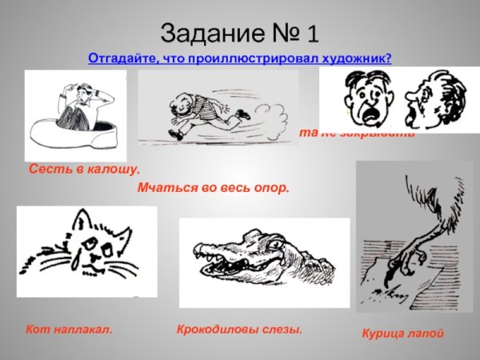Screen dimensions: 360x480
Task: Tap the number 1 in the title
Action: [311, 34]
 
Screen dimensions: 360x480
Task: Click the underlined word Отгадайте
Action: [121, 59]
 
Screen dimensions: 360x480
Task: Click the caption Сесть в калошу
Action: [84, 170]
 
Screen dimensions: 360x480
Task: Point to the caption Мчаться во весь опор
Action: [213, 189]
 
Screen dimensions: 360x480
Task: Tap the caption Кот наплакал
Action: [69, 329]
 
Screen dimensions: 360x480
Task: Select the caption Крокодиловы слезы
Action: [238, 329]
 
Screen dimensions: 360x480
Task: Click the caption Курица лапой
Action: [402, 333]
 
